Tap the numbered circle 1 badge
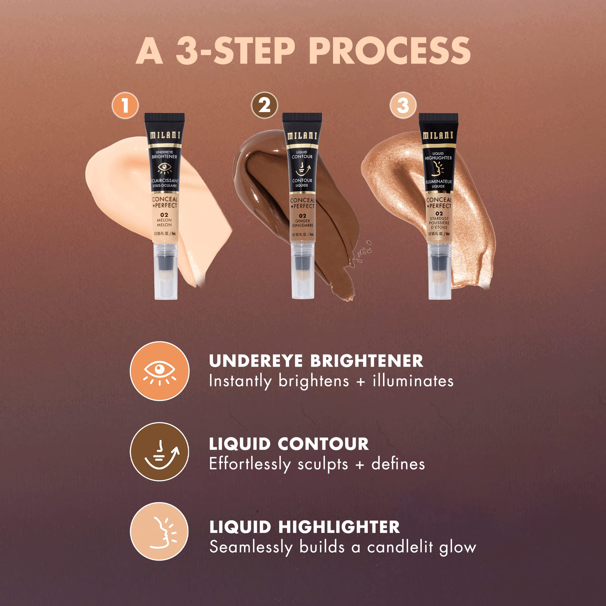125,105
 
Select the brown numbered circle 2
265,105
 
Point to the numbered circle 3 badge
403,105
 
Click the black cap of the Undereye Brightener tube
164,118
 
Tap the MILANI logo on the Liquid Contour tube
302,136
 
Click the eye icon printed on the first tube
164,168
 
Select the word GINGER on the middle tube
302,221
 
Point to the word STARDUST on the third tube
439,218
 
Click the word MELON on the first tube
164,220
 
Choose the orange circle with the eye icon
160,371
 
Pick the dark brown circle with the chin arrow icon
160,452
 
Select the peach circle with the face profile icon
159,531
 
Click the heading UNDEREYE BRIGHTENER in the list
316,361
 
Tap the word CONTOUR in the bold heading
323,444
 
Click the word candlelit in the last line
400,547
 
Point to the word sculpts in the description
322,464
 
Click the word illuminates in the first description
413,381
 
